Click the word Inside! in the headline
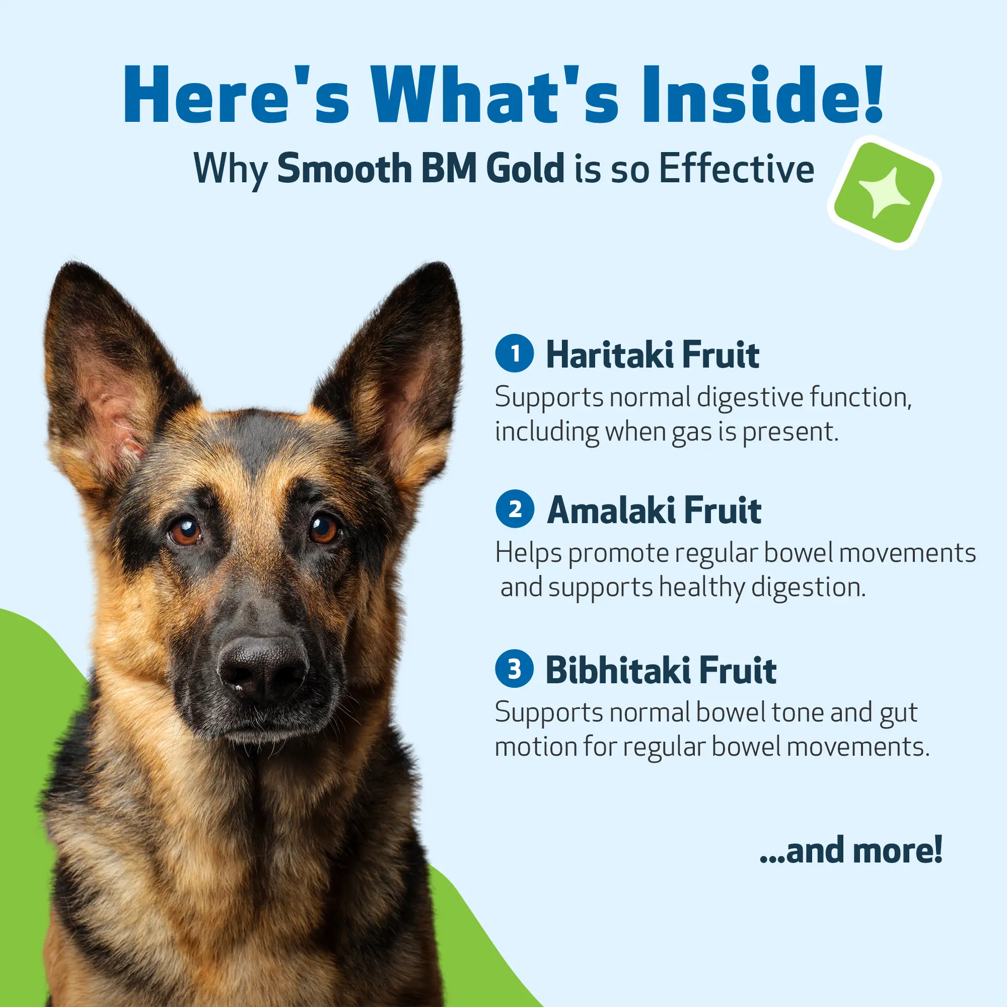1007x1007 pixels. [762, 95]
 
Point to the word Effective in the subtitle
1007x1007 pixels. [737, 168]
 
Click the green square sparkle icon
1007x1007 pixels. [885, 192]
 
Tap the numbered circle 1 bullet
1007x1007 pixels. [515, 353]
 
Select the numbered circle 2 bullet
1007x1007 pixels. [515, 508]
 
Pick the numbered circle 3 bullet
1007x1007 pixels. [515, 668]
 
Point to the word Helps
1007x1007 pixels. [528, 553]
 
